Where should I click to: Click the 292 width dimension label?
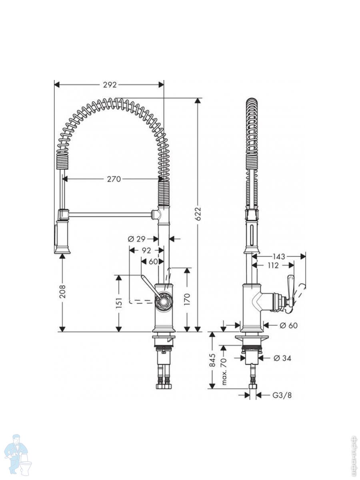click(x=110, y=85)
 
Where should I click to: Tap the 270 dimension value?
click(x=114, y=179)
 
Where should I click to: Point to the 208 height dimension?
click(x=62, y=291)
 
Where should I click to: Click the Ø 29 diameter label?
click(x=136, y=239)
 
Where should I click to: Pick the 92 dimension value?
click(x=146, y=250)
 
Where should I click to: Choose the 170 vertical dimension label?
click(x=187, y=299)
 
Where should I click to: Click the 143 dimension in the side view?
click(x=279, y=256)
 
